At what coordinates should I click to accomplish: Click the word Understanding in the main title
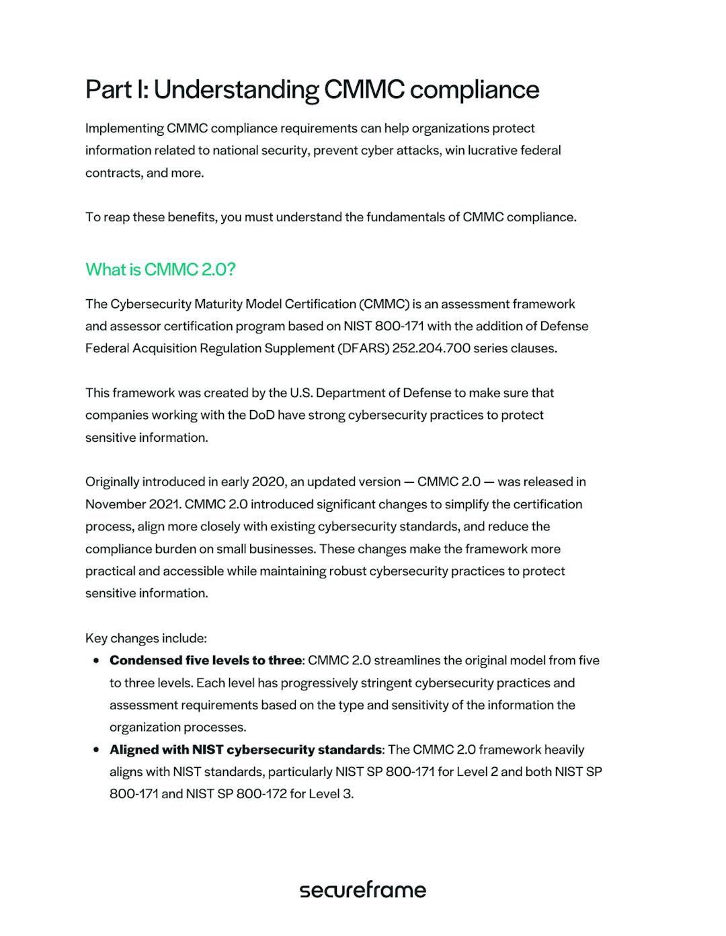tap(236, 90)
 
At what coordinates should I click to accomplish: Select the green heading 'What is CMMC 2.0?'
tap(160, 270)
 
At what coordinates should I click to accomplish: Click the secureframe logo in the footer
tap(362, 890)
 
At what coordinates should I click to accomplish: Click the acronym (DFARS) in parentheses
tap(364, 348)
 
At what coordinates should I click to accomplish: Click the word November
tap(112, 504)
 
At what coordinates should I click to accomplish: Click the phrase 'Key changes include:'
tap(146, 638)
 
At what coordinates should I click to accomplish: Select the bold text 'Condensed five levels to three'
tap(206, 660)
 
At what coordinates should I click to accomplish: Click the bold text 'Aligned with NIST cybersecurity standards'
tap(245, 750)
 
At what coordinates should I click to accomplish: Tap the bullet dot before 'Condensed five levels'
tap(96, 660)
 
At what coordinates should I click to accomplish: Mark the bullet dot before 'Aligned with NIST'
tap(96, 750)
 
